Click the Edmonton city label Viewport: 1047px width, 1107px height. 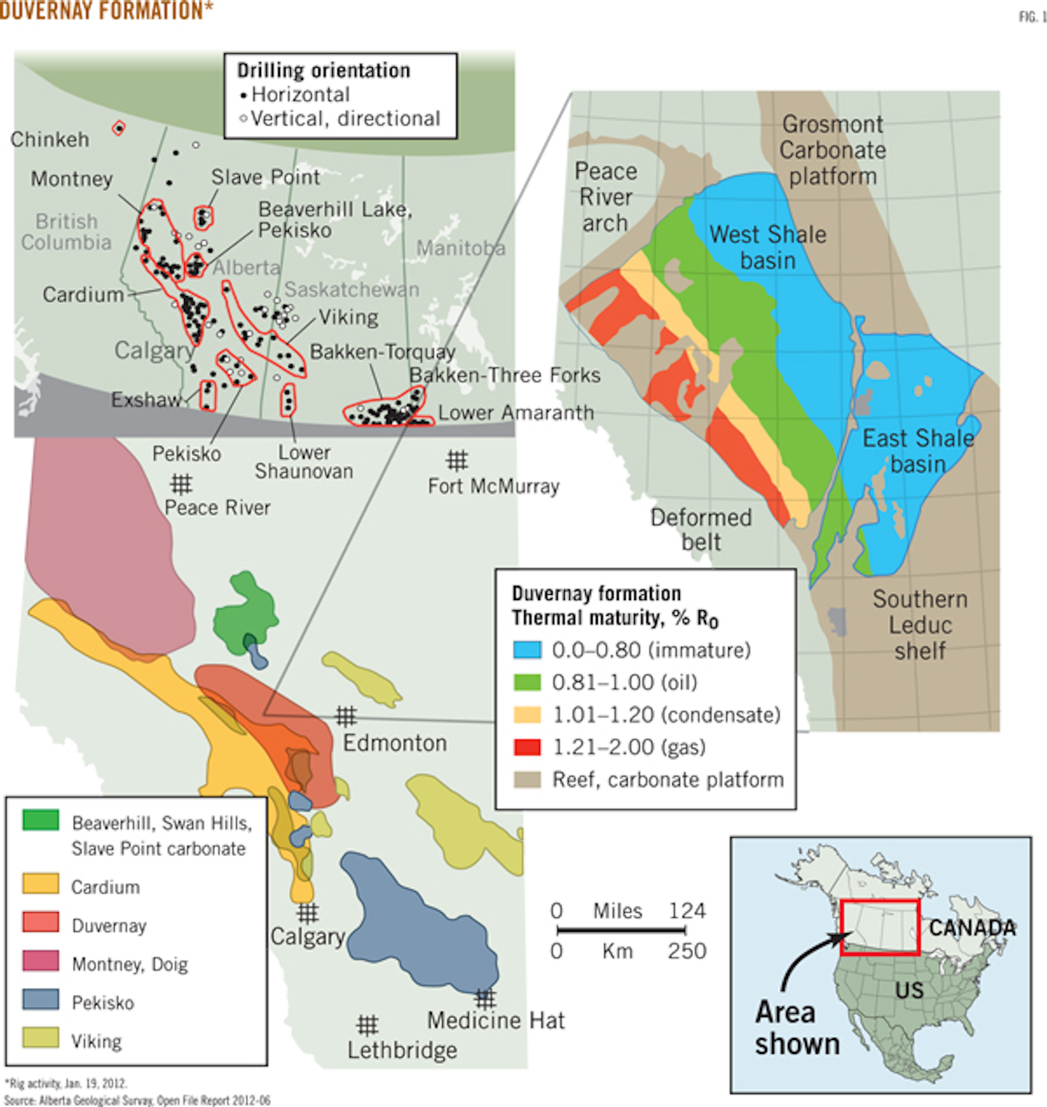click(395, 743)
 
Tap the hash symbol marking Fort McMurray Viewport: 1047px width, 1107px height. click(457, 460)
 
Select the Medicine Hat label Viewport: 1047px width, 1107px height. click(495, 1020)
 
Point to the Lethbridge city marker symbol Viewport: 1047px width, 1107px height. click(367, 1026)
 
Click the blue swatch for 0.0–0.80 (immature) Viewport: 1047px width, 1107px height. click(527, 650)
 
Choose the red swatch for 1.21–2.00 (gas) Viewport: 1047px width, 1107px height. click(527, 747)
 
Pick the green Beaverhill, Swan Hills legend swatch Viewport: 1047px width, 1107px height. click(41, 820)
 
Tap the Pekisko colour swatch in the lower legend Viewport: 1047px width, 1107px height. click(41, 999)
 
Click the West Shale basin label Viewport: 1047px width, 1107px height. click(768, 247)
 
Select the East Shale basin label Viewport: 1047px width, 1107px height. click(918, 451)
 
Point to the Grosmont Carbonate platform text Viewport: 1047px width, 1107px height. click(833, 150)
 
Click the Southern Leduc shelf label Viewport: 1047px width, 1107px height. click(920, 625)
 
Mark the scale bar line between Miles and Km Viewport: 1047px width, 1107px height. click(621, 930)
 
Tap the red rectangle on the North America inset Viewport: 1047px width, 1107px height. click(880, 927)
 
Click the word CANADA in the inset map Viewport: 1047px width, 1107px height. click(972, 928)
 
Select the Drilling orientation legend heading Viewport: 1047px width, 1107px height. click(324, 71)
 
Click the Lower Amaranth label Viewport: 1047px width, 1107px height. click(516, 413)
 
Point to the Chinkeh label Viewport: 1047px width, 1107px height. click(49, 140)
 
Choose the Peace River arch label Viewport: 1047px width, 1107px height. click(606, 197)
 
